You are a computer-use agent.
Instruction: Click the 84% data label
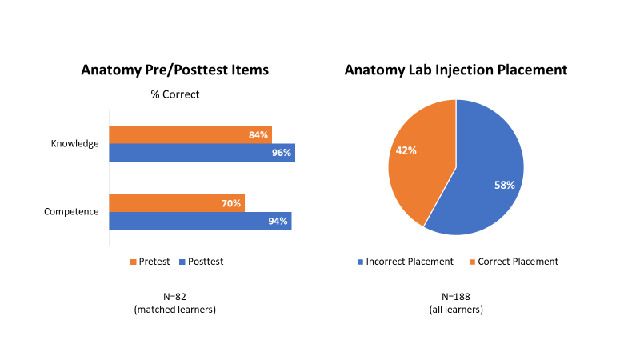258,135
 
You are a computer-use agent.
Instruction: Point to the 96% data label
281,153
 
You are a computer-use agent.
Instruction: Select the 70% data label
231,203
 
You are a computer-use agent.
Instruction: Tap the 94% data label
278,222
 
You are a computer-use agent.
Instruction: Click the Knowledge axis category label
74,144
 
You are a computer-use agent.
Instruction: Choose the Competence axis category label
71,212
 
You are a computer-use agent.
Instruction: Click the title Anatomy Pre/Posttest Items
174,70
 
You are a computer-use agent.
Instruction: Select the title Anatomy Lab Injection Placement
455,70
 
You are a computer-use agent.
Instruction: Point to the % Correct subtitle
175,94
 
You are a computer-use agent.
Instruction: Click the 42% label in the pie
406,150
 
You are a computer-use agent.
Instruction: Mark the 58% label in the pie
503,185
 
